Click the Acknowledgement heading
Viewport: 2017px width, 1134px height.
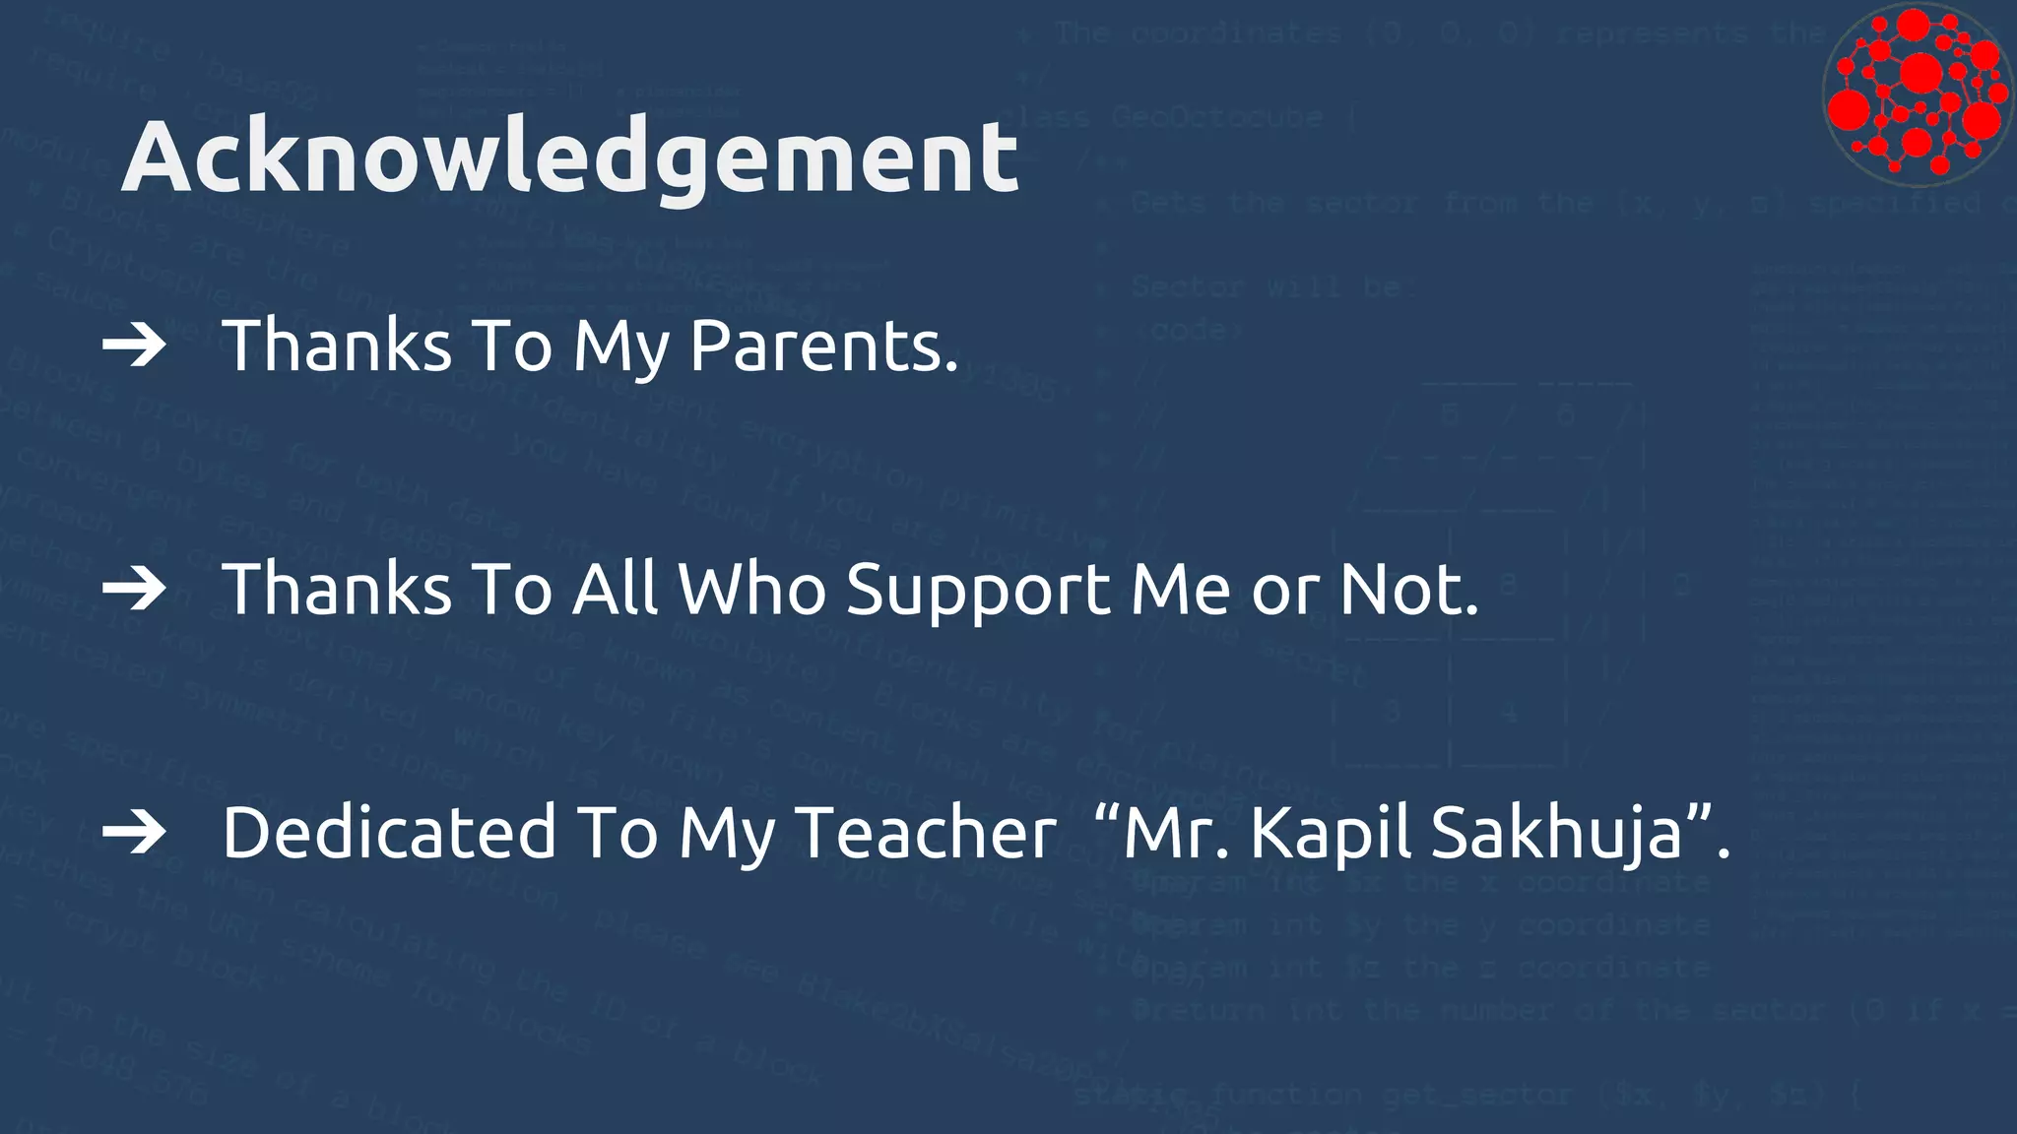click(569, 157)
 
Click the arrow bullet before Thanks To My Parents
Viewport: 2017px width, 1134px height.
click(134, 346)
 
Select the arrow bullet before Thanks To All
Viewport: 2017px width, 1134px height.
click(134, 589)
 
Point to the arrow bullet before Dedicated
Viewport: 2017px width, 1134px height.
click(134, 833)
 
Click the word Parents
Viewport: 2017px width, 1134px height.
click(823, 346)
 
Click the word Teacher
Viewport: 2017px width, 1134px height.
click(925, 833)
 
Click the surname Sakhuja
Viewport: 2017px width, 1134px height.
click(1556, 833)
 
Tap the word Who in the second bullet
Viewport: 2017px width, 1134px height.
click(752, 589)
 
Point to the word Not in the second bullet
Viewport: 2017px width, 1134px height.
click(1408, 589)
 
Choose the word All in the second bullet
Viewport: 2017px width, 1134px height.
click(616, 589)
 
